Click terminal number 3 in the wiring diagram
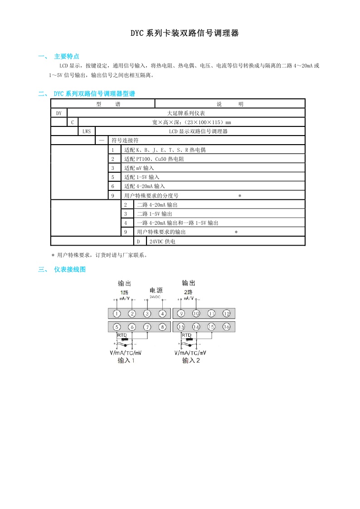point(147,314)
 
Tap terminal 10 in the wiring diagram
point(196,314)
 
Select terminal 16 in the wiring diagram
point(226,327)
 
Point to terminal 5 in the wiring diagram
point(117,327)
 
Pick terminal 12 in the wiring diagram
point(226,314)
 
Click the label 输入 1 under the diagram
point(126,361)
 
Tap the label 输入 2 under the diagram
point(191,361)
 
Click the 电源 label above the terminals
point(156,291)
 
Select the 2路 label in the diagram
point(188,292)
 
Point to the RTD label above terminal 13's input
point(186,335)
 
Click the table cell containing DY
point(59,113)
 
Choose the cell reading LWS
point(86,131)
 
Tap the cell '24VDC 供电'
point(162,242)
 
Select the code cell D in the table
point(138,242)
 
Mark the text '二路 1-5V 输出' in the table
point(154,214)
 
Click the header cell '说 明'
point(230,104)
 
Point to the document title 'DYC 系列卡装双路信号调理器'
point(185,34)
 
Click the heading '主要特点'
point(67,57)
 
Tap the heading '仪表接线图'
point(69,270)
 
